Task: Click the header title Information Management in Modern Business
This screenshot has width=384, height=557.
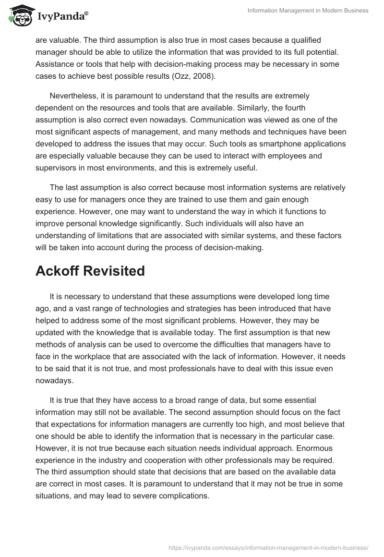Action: coord(308,11)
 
